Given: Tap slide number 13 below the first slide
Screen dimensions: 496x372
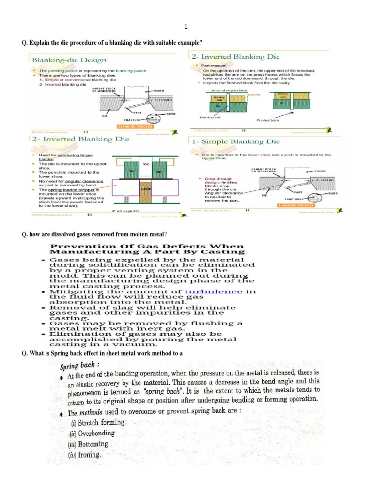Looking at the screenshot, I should (x=86, y=132).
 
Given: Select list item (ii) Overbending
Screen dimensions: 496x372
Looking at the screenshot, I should (x=93, y=433).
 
